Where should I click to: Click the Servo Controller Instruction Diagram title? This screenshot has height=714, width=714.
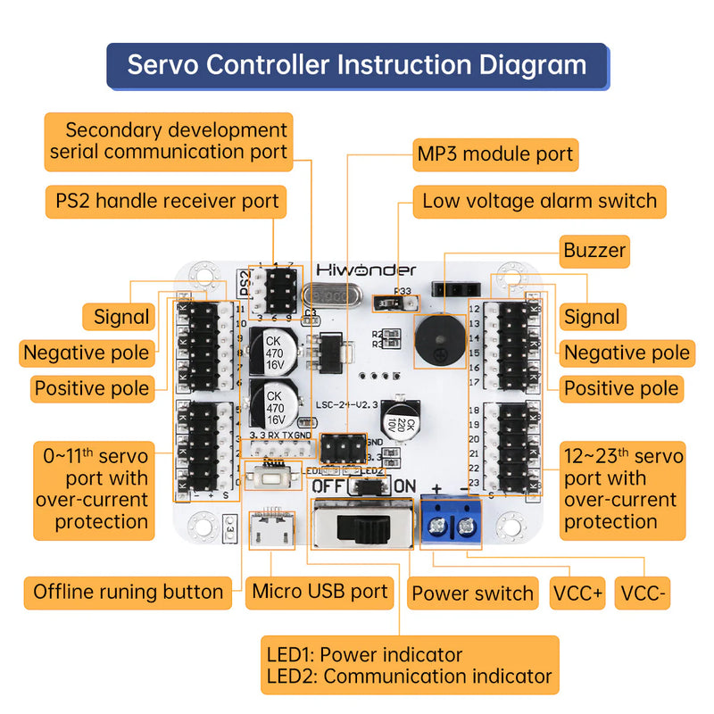[x=357, y=65]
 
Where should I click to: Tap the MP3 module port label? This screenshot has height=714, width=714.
[x=495, y=154]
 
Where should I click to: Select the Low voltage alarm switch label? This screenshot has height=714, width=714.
[x=539, y=202]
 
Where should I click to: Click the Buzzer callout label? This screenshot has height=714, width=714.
[x=594, y=251]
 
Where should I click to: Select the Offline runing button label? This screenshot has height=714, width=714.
[x=129, y=592]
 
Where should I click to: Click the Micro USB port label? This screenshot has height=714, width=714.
[x=320, y=591]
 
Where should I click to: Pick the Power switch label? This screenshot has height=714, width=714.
[x=472, y=593]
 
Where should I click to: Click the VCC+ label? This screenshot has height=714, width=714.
[x=577, y=593]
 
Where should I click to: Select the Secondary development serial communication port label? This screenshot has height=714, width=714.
[x=169, y=141]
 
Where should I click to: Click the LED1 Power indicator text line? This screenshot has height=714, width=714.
[x=364, y=655]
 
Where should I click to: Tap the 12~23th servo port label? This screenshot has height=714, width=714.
[x=623, y=489]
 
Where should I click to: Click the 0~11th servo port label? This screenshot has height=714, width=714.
[x=92, y=489]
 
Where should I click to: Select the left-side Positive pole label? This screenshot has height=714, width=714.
[x=91, y=389]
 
